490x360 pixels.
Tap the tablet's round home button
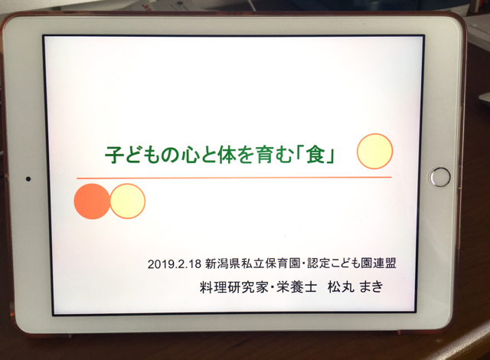point(440,177)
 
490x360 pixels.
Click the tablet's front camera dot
point(28,178)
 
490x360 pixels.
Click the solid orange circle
point(92,201)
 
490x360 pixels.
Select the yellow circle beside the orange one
point(128,201)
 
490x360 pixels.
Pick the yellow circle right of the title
point(374,151)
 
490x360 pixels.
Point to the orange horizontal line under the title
point(234,178)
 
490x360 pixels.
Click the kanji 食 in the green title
point(316,154)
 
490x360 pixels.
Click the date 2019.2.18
point(175,264)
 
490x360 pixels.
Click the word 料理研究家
point(234,287)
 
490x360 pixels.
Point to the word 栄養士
point(297,287)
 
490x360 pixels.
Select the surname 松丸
point(341,287)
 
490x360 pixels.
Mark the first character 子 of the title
point(114,155)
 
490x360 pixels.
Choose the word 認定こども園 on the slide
point(339,263)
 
